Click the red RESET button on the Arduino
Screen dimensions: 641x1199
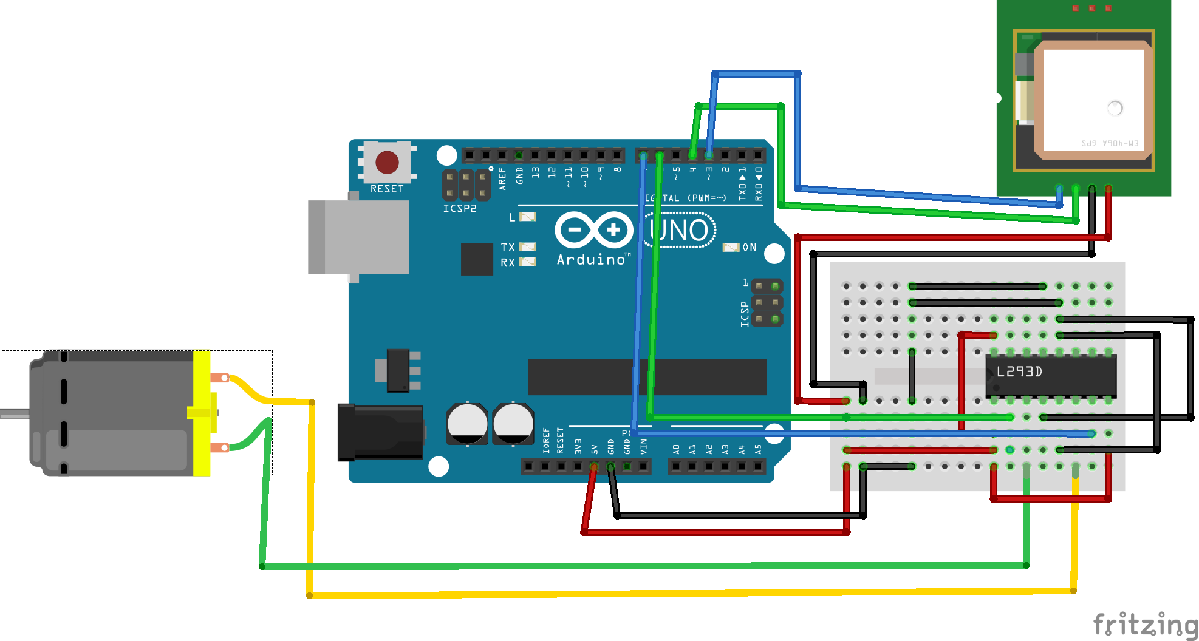(387, 162)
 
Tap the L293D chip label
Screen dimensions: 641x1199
(1020, 371)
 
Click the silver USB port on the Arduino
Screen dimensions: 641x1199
(358, 237)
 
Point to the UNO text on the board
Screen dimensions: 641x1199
(679, 231)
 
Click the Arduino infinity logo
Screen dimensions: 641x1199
(593, 230)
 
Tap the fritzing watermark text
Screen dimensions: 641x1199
(1144, 624)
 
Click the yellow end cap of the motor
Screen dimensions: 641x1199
(202, 412)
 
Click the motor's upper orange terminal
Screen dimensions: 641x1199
(219, 378)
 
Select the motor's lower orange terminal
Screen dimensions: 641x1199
(219, 448)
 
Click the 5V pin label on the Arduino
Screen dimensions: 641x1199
(595, 449)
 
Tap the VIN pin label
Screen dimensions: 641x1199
(644, 447)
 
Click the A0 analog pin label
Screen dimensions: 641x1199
(677, 449)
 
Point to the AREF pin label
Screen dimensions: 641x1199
(502, 179)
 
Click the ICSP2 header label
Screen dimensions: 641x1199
(460, 208)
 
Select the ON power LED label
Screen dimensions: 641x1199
(750, 248)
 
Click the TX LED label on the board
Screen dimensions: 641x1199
(507, 247)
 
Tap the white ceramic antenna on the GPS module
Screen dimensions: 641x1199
(1093, 100)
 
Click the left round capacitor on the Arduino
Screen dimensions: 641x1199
(467, 423)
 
